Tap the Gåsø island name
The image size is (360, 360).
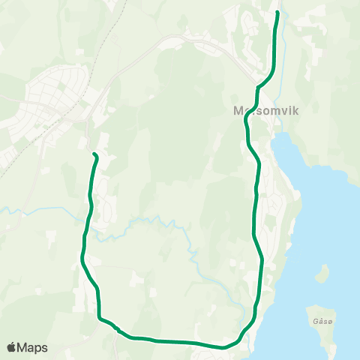click(x=317, y=319)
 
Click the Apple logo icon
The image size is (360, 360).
click(x=11, y=347)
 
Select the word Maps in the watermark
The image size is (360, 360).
click(x=32, y=347)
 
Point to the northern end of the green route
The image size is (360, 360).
click(x=278, y=13)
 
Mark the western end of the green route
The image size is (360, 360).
click(x=94, y=154)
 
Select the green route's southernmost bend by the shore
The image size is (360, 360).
click(x=223, y=347)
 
